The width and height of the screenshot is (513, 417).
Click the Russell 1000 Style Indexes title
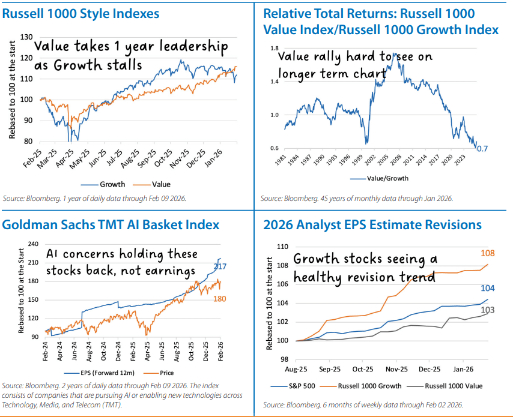[x=81, y=13]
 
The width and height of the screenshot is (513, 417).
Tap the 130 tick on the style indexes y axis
[x=26, y=37]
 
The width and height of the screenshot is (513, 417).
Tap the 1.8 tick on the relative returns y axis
[x=275, y=49]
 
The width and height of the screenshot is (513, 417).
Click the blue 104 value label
[x=487, y=289]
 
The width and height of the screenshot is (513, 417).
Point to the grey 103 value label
[x=487, y=310]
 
